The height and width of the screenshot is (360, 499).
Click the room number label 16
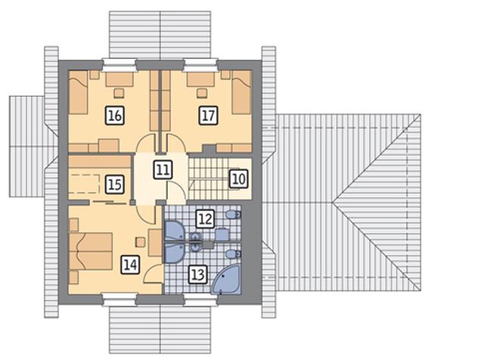click(x=115, y=116)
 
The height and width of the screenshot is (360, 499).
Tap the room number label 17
click(x=209, y=115)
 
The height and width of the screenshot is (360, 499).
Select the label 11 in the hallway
click(x=163, y=169)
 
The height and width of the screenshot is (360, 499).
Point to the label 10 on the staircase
click(x=239, y=178)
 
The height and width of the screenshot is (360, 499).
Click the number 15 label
click(x=115, y=185)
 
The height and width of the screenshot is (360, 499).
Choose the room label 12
click(x=205, y=219)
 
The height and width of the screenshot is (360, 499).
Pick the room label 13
click(x=198, y=274)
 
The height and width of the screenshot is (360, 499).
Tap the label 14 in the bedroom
click(x=130, y=265)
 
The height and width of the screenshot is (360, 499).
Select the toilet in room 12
click(x=234, y=214)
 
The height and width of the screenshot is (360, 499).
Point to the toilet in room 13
click(x=234, y=254)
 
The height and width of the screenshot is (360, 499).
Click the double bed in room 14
click(x=91, y=251)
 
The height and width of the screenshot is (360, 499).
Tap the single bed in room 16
click(x=78, y=92)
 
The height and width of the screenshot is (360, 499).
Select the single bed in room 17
click(x=242, y=92)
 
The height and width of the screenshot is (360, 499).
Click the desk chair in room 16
click(x=119, y=93)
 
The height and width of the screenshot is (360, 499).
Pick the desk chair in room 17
click(x=202, y=93)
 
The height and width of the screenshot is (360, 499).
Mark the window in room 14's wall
click(x=119, y=299)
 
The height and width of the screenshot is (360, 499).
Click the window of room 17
click(x=201, y=65)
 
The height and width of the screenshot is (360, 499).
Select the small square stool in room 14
click(x=141, y=242)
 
